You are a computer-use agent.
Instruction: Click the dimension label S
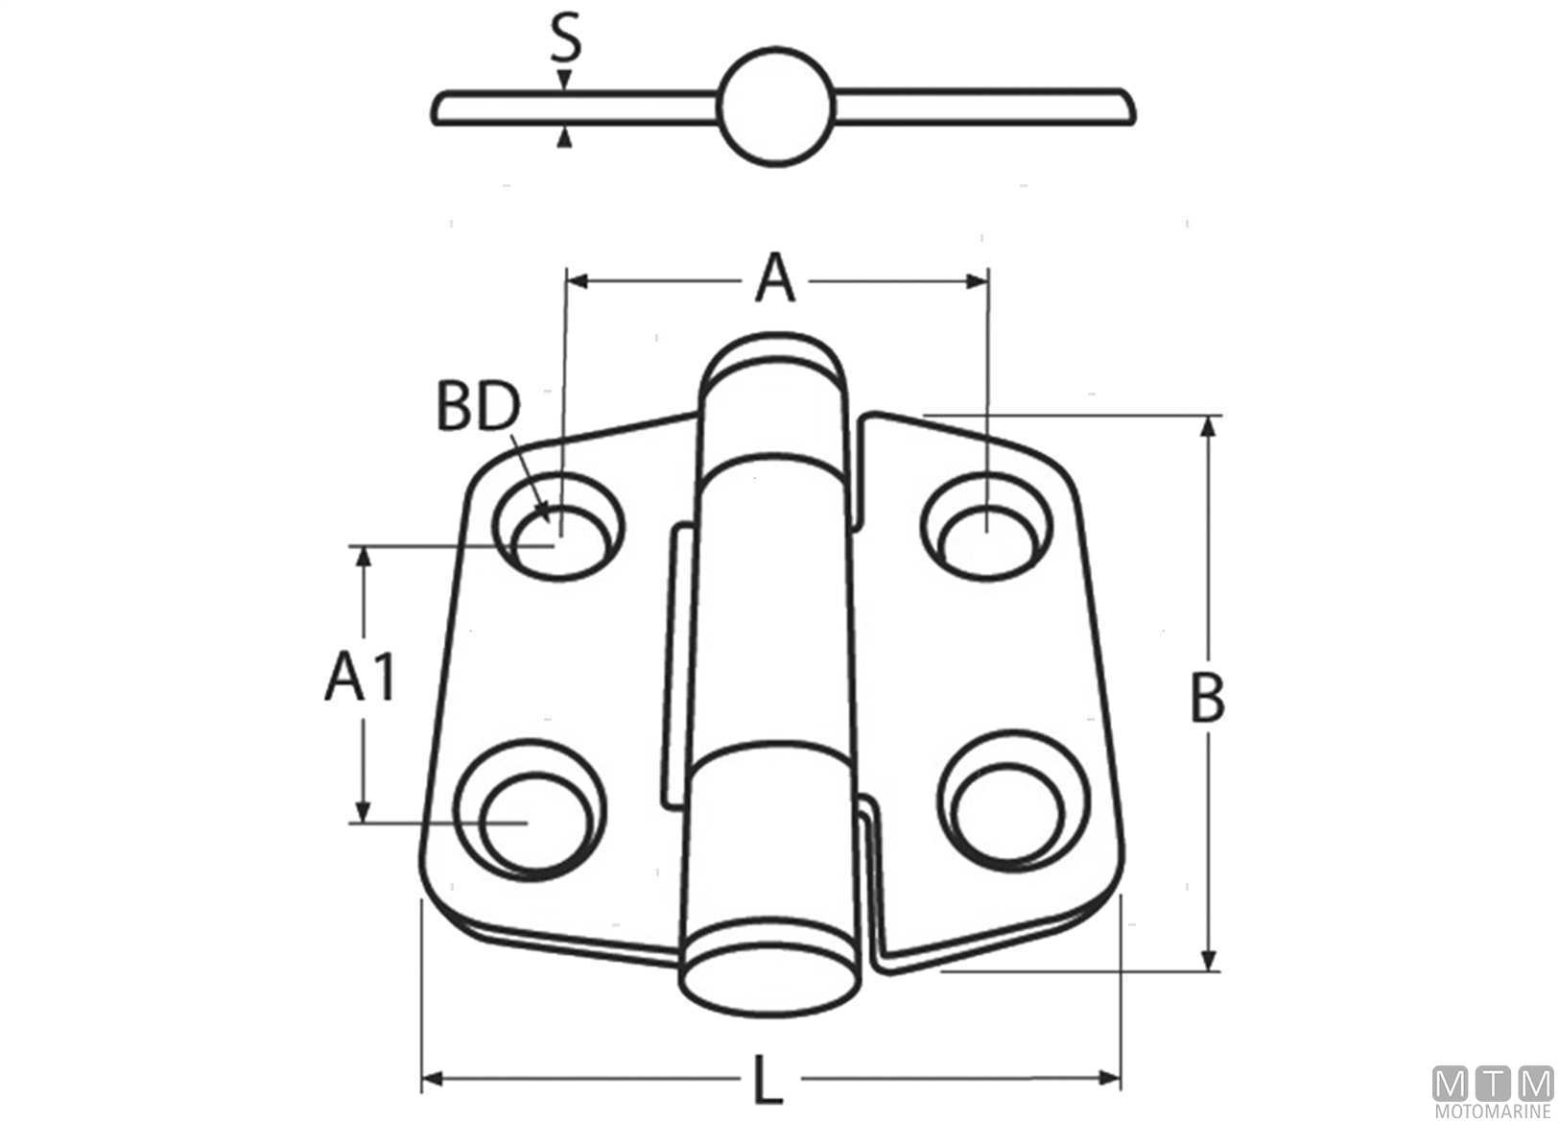[x=566, y=39]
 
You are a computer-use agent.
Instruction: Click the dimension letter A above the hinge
[x=774, y=277]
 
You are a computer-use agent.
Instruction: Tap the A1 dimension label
[x=361, y=676]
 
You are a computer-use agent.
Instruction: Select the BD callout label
[x=478, y=406]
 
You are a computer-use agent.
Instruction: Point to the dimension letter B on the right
[x=1208, y=699]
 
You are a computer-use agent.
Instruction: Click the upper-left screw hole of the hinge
[x=559, y=526]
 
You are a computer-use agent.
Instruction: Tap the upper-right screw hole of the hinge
[x=986, y=526]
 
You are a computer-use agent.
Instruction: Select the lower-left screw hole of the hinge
[x=530, y=810]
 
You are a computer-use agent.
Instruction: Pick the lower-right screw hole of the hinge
[x=1014, y=801]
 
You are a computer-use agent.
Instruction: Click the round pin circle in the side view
[x=776, y=108]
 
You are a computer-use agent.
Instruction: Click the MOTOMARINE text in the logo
[x=1492, y=1112]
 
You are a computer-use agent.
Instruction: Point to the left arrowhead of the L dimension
[x=432, y=1079]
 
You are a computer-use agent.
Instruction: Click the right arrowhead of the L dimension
[x=1109, y=1079]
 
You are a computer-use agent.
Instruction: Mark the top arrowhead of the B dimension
[x=1209, y=427]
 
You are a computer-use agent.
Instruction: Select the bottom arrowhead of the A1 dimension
[x=362, y=812]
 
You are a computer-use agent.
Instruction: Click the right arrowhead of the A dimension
[x=977, y=281]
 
